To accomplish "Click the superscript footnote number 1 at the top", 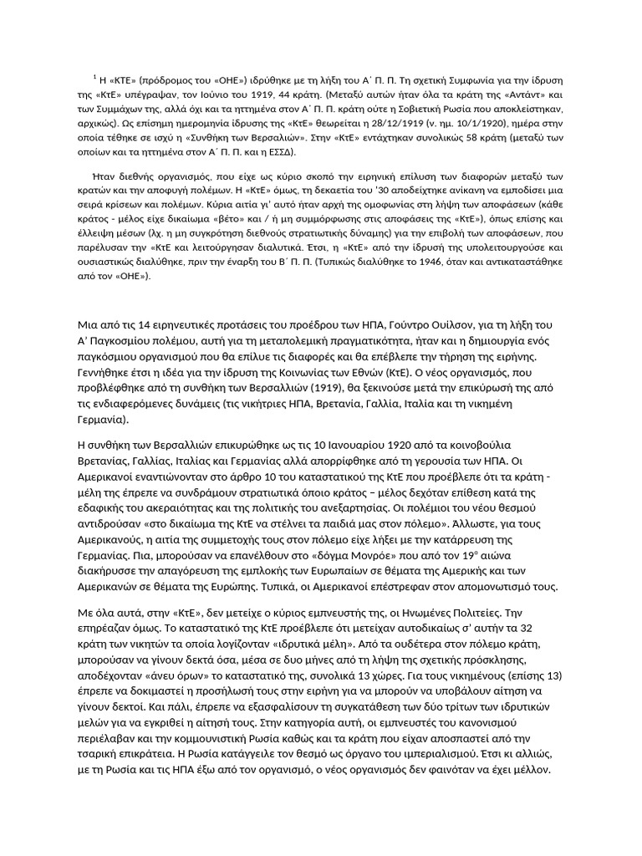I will pos(94,76).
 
